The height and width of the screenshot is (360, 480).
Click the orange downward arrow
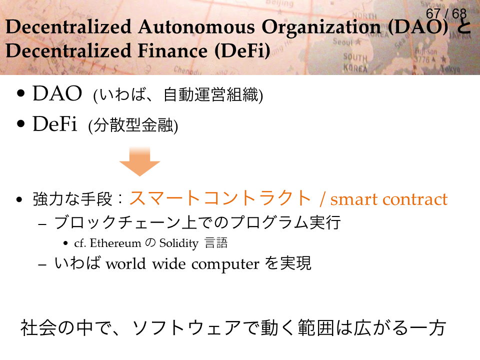(139, 161)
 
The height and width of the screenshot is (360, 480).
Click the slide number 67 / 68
(446, 14)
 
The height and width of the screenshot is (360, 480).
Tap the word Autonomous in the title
(196, 27)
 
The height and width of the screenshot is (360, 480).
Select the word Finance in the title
(172, 50)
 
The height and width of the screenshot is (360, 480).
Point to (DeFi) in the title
(242, 51)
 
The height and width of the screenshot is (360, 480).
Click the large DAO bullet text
(57, 93)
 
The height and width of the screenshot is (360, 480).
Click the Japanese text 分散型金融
(133, 125)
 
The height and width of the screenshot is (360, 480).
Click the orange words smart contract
(389, 199)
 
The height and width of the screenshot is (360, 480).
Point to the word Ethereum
(115, 243)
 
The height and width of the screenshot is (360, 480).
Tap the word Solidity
(179, 243)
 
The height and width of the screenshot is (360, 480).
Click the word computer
(225, 264)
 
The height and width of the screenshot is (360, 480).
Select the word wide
(169, 263)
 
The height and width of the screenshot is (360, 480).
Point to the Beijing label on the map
(279, 3)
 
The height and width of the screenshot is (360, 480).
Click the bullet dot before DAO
(21, 93)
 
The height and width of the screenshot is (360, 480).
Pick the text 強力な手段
(72, 199)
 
